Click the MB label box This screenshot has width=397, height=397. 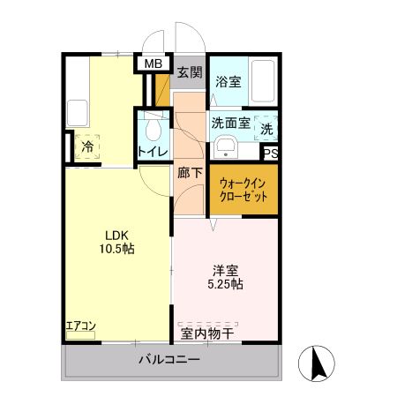tap(153, 64)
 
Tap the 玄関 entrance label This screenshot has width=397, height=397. tap(186, 72)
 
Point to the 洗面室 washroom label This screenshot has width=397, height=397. tap(229, 124)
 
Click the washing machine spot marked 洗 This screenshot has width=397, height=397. tap(266, 129)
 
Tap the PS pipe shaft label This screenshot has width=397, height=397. tap(271, 153)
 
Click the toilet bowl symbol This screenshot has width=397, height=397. tap(154, 131)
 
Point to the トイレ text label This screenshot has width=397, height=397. tap(153, 152)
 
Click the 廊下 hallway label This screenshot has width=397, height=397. tap(189, 173)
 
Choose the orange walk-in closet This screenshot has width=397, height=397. tap(243, 189)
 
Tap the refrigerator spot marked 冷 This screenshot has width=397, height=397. tap(88, 146)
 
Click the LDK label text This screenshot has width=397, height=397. tap(117, 235)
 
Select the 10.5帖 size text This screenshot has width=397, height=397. tap(117, 250)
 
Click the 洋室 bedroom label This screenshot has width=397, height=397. tap(225, 269)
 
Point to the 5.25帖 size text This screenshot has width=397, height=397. tap(225, 284)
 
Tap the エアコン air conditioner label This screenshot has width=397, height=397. tap(81, 326)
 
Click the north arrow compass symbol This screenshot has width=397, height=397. tap(316, 364)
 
